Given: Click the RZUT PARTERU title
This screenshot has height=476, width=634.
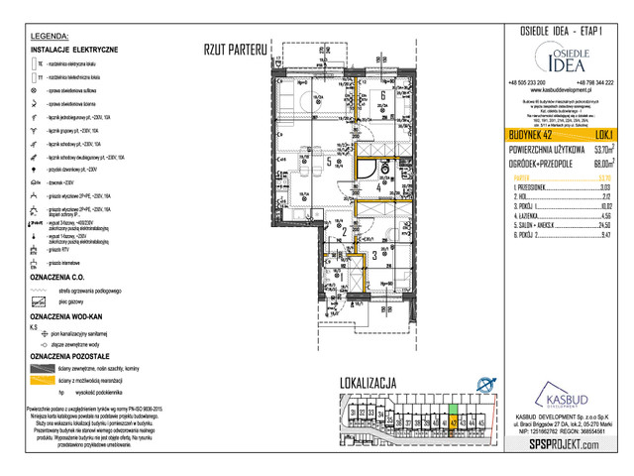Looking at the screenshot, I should tap(234, 48).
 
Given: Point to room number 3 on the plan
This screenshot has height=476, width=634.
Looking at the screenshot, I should tap(373, 255).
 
